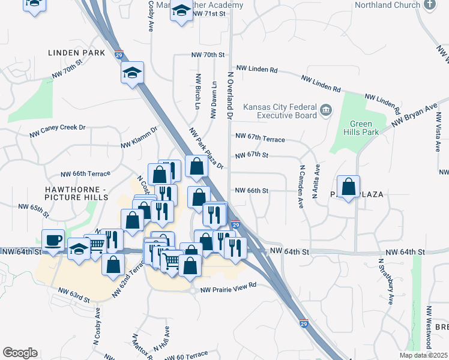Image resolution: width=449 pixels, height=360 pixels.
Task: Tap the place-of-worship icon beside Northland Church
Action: point(429,5)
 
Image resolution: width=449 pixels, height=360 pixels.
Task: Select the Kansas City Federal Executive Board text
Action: point(280,112)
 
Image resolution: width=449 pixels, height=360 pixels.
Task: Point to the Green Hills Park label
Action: point(361,127)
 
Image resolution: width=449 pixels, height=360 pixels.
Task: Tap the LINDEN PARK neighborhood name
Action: point(77,53)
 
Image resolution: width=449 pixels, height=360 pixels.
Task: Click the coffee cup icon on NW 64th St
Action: point(53,240)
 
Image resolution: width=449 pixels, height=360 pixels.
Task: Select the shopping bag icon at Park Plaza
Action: point(348,187)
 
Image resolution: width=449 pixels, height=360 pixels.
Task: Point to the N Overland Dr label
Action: point(230,94)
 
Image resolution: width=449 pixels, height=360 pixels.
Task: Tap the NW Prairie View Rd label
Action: point(229,285)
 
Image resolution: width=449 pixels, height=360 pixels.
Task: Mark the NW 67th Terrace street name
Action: point(260,138)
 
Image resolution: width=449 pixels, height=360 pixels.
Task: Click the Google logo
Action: point(20,353)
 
